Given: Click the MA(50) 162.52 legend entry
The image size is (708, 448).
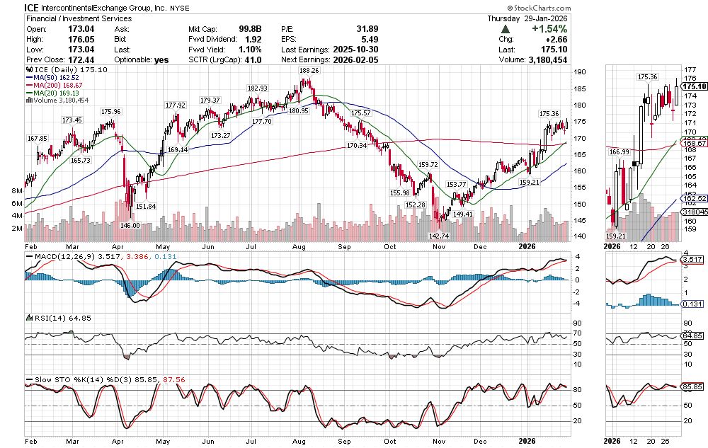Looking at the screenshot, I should tap(56, 79).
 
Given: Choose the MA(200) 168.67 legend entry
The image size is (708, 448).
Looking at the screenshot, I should tap(58, 86).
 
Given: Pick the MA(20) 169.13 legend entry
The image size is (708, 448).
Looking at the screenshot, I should tap(56, 93).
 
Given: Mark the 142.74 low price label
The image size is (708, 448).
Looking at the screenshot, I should tap(440, 236).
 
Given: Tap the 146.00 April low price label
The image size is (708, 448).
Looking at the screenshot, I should tap(130, 224).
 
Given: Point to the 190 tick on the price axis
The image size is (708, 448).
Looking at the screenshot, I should tap(579, 72).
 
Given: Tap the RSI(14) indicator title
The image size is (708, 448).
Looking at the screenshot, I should tap(47, 317).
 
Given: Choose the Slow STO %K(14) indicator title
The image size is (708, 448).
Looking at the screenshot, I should tap(67, 379).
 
